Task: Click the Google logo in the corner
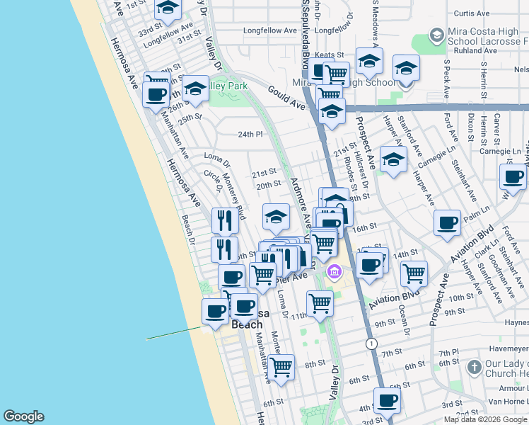(x=23, y=416)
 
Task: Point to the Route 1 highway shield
(x=371, y=344)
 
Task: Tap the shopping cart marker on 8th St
(x=281, y=367)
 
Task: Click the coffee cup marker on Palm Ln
(x=447, y=222)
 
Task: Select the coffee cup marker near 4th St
(x=386, y=401)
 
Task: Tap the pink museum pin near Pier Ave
(x=335, y=271)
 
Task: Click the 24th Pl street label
(x=250, y=134)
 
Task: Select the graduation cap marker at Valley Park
(x=195, y=88)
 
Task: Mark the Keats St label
(x=329, y=55)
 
